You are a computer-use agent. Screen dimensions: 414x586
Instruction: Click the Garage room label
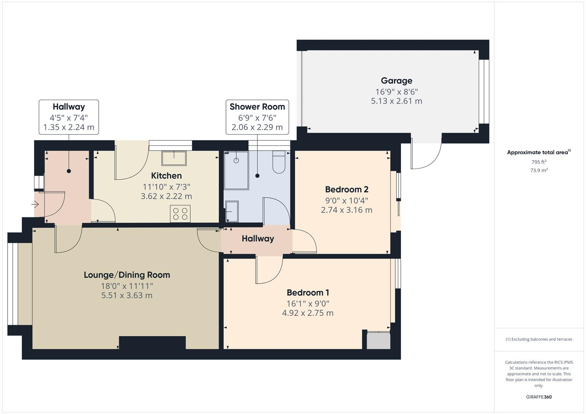click(x=396, y=80)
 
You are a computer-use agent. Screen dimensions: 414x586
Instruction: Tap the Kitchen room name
click(x=166, y=176)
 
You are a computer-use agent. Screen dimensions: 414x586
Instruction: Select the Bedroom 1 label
click(x=308, y=292)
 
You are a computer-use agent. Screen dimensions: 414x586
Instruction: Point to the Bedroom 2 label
click(x=347, y=189)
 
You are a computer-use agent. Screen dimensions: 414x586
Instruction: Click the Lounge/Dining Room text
click(x=127, y=275)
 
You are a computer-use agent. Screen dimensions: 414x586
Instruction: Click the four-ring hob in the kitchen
click(x=180, y=214)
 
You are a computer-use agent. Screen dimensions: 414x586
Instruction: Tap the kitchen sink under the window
click(x=174, y=158)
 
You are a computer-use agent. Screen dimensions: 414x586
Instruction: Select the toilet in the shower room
click(x=279, y=163)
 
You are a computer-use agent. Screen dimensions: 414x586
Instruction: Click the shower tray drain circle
click(x=236, y=160)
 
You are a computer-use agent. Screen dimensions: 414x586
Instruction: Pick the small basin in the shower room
click(x=231, y=212)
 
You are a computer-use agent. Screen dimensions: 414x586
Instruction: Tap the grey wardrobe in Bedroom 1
click(x=378, y=340)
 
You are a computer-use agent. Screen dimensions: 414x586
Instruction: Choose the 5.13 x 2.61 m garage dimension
click(x=396, y=101)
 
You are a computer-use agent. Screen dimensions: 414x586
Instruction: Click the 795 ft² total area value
click(x=538, y=162)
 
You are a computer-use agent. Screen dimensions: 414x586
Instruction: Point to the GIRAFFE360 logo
click(x=538, y=397)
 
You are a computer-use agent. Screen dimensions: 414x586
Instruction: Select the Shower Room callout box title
click(x=257, y=107)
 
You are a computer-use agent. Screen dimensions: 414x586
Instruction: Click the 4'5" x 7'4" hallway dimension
click(x=69, y=118)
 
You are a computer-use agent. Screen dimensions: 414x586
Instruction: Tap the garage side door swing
click(x=426, y=155)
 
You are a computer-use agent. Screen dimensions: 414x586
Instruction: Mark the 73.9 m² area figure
click(x=538, y=170)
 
